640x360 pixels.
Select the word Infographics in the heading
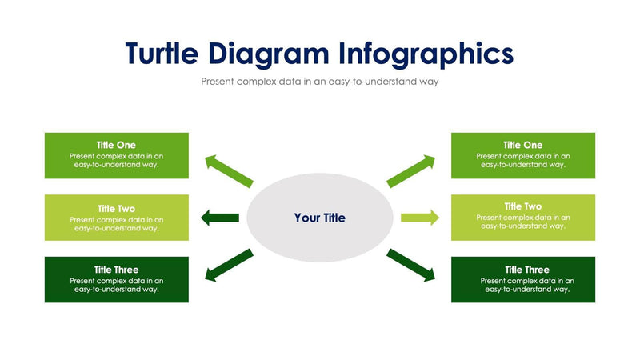pyautogui.click(x=426, y=53)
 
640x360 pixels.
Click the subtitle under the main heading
pyautogui.click(x=320, y=82)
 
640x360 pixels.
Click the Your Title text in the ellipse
pyautogui.click(x=320, y=218)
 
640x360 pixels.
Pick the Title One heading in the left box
pyautogui.click(x=116, y=145)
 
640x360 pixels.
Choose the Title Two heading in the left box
pyautogui.click(x=116, y=208)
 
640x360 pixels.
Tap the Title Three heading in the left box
pyautogui.click(x=116, y=270)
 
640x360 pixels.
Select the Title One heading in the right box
pyautogui.click(x=523, y=145)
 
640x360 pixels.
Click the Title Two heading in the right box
pyautogui.click(x=523, y=206)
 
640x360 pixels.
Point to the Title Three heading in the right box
pyautogui.click(x=523, y=270)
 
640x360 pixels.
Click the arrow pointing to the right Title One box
pyautogui.click(x=411, y=170)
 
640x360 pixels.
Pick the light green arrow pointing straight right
pyautogui.click(x=420, y=217)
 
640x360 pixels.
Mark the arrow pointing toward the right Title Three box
pyautogui.click(x=411, y=266)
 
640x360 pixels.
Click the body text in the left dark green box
pyautogui.click(x=117, y=285)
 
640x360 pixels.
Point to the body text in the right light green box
pyautogui.click(x=523, y=222)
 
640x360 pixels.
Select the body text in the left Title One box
pyautogui.click(x=117, y=160)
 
